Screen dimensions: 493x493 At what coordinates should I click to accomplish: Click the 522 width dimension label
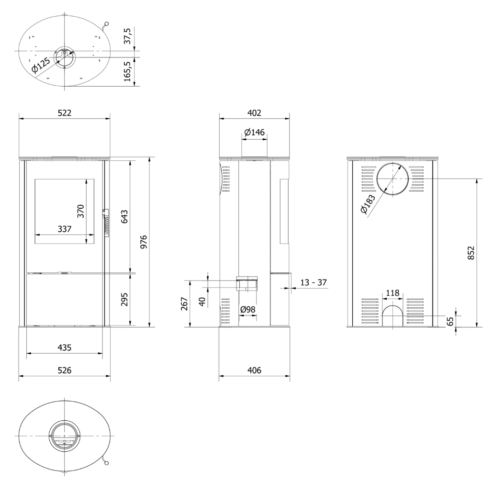[x=64, y=113]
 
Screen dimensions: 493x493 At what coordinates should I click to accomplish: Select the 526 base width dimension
[x=64, y=370]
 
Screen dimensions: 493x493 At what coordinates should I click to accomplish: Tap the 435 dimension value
[x=64, y=347]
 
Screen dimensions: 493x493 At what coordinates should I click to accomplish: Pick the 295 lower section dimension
[x=123, y=299]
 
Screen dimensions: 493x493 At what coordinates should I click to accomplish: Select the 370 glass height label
[x=80, y=211]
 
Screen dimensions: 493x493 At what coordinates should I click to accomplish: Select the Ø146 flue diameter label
[x=254, y=132]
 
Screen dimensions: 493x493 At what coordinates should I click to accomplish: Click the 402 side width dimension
[x=254, y=113]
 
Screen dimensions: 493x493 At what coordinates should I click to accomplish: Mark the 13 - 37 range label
[x=313, y=282]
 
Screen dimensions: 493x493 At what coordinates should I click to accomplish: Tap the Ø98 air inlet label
[x=247, y=310]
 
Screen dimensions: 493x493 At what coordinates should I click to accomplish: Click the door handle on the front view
[x=106, y=223]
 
